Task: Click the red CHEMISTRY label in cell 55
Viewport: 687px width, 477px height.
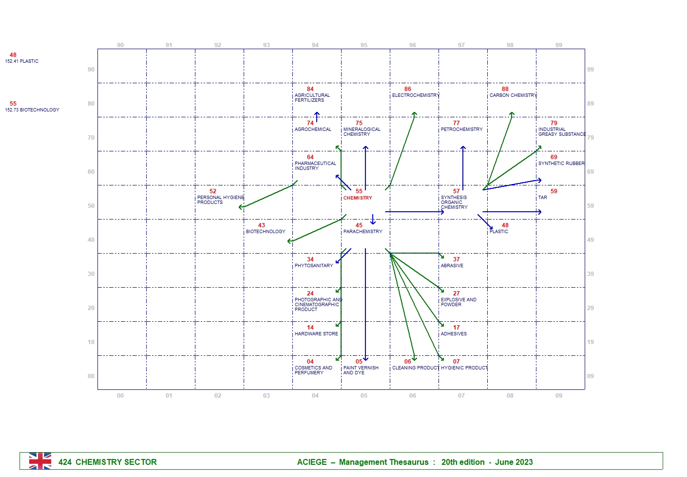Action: (x=358, y=198)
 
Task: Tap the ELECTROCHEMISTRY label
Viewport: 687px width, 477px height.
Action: (x=416, y=95)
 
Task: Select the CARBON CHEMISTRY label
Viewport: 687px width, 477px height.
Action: (x=513, y=95)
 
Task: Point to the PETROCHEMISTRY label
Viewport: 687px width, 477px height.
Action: (x=461, y=129)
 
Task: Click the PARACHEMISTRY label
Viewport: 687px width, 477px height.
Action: (x=363, y=232)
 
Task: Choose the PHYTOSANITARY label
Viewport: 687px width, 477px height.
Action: (x=314, y=266)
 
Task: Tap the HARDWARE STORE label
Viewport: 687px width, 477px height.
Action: (x=316, y=334)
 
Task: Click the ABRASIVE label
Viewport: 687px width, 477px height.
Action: (x=452, y=266)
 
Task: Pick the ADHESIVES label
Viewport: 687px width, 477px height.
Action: (x=454, y=334)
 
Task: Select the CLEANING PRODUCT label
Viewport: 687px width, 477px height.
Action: (x=415, y=368)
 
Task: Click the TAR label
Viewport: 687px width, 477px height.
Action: (x=542, y=198)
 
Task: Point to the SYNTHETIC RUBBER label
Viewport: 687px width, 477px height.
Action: (x=561, y=164)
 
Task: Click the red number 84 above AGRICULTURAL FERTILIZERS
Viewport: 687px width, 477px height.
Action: (x=310, y=89)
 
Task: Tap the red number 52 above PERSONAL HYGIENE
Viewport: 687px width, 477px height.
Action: (x=213, y=191)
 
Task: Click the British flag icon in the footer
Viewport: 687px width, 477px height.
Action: (x=40, y=461)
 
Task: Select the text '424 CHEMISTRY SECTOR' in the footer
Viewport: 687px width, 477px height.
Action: (x=108, y=462)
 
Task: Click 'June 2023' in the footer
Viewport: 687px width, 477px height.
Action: (x=514, y=462)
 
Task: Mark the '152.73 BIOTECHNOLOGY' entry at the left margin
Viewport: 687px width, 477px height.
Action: (x=32, y=110)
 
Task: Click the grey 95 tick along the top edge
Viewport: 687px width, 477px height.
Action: (x=364, y=45)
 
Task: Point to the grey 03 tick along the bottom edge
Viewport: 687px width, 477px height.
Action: (x=267, y=396)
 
